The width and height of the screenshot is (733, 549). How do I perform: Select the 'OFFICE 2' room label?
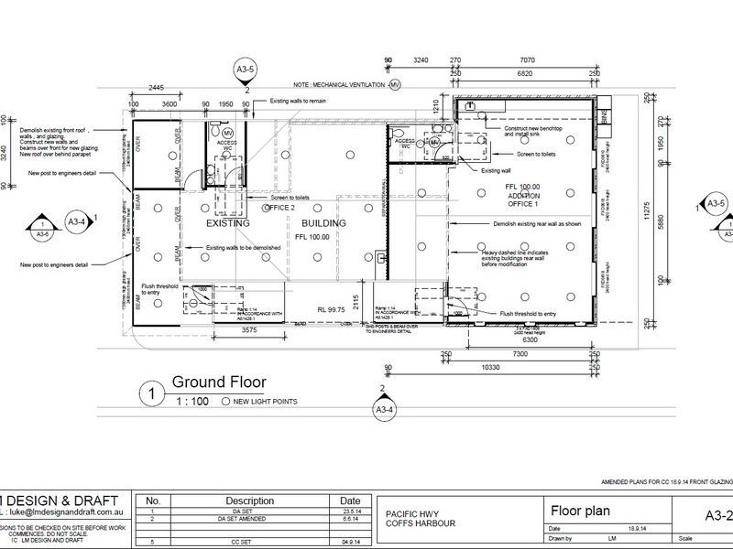(x=278, y=208)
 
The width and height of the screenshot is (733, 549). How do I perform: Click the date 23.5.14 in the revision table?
(x=349, y=511)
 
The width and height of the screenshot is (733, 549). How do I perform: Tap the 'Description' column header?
(x=250, y=501)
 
